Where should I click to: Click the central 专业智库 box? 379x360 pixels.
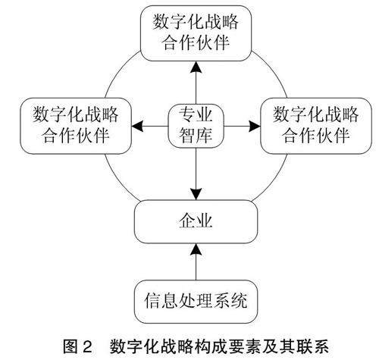click(x=196, y=126)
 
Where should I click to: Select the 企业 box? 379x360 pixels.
click(x=196, y=221)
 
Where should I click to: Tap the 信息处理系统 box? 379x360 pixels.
click(x=196, y=302)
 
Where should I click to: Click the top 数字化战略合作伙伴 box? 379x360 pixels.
click(x=196, y=33)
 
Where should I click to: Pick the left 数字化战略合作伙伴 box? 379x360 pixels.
click(x=76, y=126)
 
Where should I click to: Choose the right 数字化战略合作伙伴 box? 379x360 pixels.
click(x=316, y=126)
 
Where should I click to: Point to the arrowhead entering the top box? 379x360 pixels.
click(x=196, y=67)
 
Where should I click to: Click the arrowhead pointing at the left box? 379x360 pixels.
click(x=137, y=126)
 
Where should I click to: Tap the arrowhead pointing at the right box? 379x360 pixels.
click(x=255, y=126)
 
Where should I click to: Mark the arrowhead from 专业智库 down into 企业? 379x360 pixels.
click(x=196, y=194)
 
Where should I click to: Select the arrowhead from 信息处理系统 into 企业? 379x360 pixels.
click(x=196, y=249)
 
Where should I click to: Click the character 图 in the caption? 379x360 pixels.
click(x=70, y=346)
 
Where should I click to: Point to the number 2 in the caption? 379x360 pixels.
click(x=87, y=346)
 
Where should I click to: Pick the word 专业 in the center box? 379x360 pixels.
click(x=196, y=115)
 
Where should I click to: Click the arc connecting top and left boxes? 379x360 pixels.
click(x=119, y=70)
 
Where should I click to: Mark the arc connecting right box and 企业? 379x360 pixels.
click(x=274, y=181)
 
